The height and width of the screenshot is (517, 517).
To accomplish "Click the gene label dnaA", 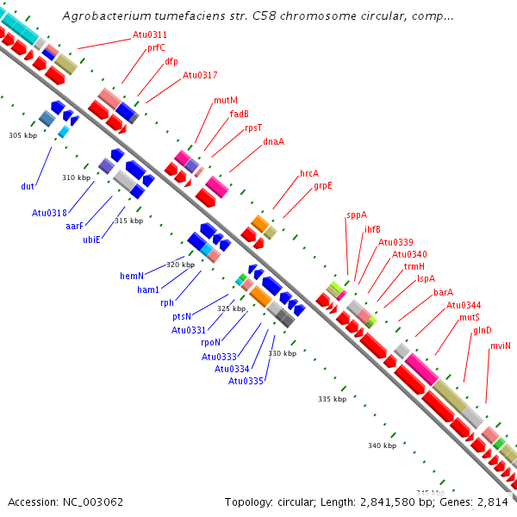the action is tap(273, 141).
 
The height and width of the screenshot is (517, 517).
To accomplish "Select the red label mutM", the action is tap(226, 100).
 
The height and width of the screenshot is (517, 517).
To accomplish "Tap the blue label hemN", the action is tap(132, 276).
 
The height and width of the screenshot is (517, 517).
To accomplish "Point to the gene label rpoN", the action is tap(211, 343).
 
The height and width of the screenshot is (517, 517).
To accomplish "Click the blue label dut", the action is tap(28, 186).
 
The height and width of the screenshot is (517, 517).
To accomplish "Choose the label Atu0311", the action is tap(150, 34).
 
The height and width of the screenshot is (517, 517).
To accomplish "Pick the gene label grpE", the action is tap(323, 185).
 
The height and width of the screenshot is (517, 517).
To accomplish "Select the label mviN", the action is tap(500, 346).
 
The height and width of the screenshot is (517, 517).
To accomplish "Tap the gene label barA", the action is tap(443, 292).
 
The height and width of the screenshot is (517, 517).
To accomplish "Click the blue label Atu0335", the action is tap(246, 381).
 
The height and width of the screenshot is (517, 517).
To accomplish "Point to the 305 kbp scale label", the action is tap(22, 135).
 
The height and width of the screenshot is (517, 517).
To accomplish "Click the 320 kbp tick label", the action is tap(180, 265).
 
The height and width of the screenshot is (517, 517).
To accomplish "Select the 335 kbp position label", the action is tap(332, 399).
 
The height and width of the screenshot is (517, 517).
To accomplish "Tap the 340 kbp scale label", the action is tap(382, 445).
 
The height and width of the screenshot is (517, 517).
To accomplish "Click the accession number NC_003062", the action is tap(93, 502).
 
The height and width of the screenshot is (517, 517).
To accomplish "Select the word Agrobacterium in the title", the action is tap(107, 16).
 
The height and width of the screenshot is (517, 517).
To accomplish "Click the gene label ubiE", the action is tap(91, 240).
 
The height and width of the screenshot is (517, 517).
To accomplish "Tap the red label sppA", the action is tap(357, 215).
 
